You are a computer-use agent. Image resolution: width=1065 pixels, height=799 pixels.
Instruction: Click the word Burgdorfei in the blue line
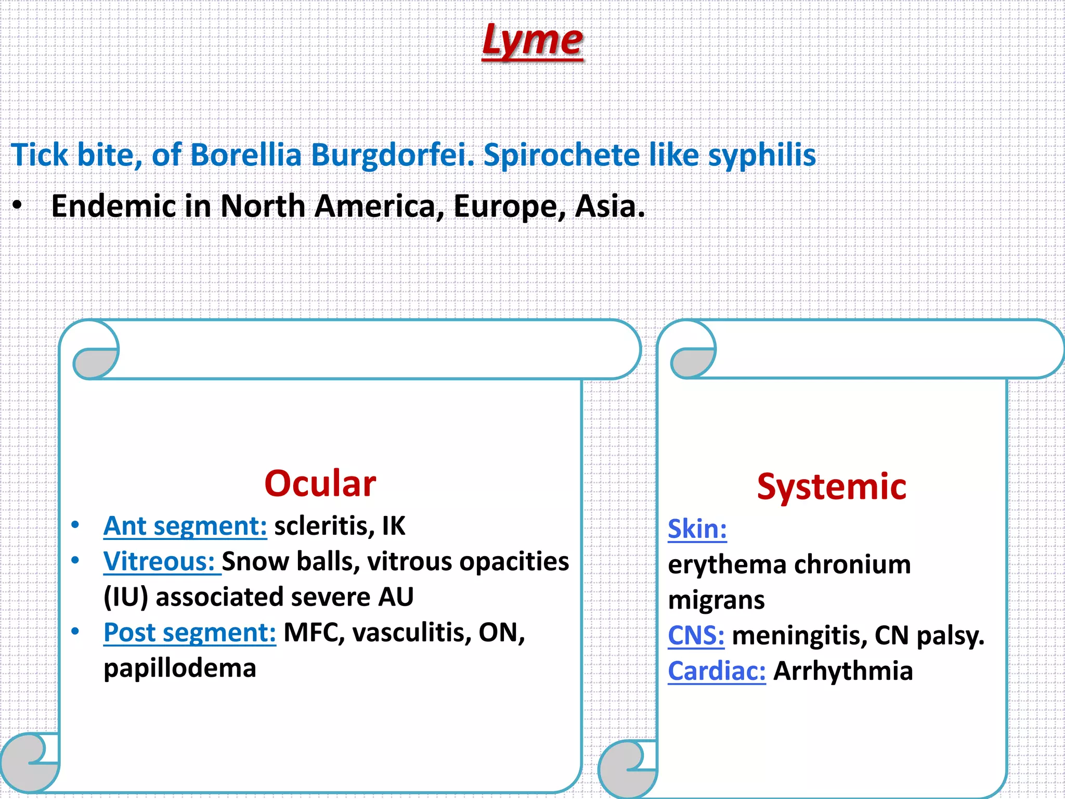tap(393, 155)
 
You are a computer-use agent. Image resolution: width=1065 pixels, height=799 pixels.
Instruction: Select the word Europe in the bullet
tap(509, 207)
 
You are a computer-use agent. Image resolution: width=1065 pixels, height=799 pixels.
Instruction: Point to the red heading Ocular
tap(320, 484)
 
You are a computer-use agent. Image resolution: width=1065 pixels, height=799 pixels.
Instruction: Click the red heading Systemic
tap(832, 487)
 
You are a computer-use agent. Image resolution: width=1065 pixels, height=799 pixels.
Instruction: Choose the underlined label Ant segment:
tap(185, 526)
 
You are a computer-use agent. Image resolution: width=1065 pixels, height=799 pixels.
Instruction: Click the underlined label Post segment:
tap(190, 633)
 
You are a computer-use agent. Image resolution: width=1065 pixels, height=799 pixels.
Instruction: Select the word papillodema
tap(180, 668)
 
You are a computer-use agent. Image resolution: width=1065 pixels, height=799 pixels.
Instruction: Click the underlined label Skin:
tap(697, 530)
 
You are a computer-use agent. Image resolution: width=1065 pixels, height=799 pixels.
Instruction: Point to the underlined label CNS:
tap(696, 636)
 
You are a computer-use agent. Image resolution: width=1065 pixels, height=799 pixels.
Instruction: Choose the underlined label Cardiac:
tap(717, 671)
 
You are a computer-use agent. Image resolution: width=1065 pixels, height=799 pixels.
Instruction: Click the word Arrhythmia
tap(843, 671)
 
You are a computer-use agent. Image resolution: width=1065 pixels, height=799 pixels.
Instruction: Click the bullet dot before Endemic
tap(18, 207)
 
